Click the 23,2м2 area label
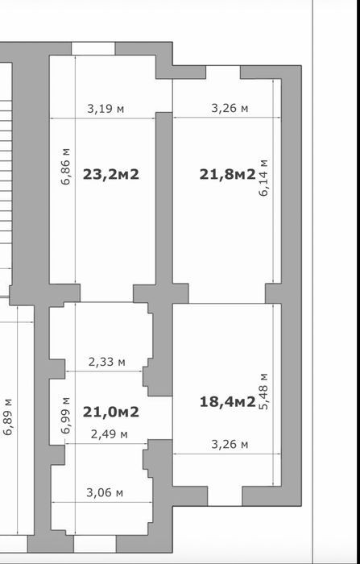coord(111,175)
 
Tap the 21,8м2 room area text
coord(228,175)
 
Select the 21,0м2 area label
coord(111,412)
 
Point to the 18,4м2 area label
coord(228,402)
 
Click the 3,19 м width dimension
coord(106,108)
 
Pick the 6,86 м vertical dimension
coord(66,166)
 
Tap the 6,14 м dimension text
coord(263,178)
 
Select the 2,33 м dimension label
coord(107,362)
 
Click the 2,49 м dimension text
coord(109,434)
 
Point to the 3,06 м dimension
coord(105,492)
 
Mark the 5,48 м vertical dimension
coord(263,392)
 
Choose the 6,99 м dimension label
coord(66,416)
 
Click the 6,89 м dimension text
coord(8,417)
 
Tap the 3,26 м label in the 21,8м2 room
coord(230,108)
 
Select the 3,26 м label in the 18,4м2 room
coord(230,445)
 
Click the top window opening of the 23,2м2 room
coord(93,48)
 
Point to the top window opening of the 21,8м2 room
coord(223,73)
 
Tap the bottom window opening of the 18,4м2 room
coord(225,496)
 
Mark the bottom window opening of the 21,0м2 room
coord(95,544)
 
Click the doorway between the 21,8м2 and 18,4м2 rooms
coord(227,293)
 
